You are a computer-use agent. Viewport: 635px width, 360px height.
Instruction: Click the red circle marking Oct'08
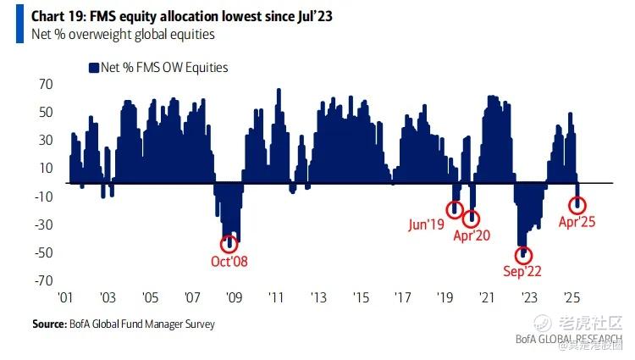(227, 243)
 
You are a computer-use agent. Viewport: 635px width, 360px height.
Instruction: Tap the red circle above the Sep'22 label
(523, 254)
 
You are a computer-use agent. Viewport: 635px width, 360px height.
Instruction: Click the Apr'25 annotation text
(577, 223)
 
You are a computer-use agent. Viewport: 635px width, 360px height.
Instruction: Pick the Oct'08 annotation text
(229, 261)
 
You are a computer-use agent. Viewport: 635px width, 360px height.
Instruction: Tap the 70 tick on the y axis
(46, 85)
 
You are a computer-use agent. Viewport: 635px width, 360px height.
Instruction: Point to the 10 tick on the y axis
(46, 169)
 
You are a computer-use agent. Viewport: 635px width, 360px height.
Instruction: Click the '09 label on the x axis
(234, 298)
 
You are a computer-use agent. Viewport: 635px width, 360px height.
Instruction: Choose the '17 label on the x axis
(402, 298)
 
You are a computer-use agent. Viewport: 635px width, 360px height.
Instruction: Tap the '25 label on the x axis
(571, 298)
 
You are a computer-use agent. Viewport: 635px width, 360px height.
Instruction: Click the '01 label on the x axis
(66, 298)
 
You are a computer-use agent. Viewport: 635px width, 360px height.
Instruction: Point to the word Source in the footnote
(48, 324)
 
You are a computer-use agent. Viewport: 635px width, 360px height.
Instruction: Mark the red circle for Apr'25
(579, 203)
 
